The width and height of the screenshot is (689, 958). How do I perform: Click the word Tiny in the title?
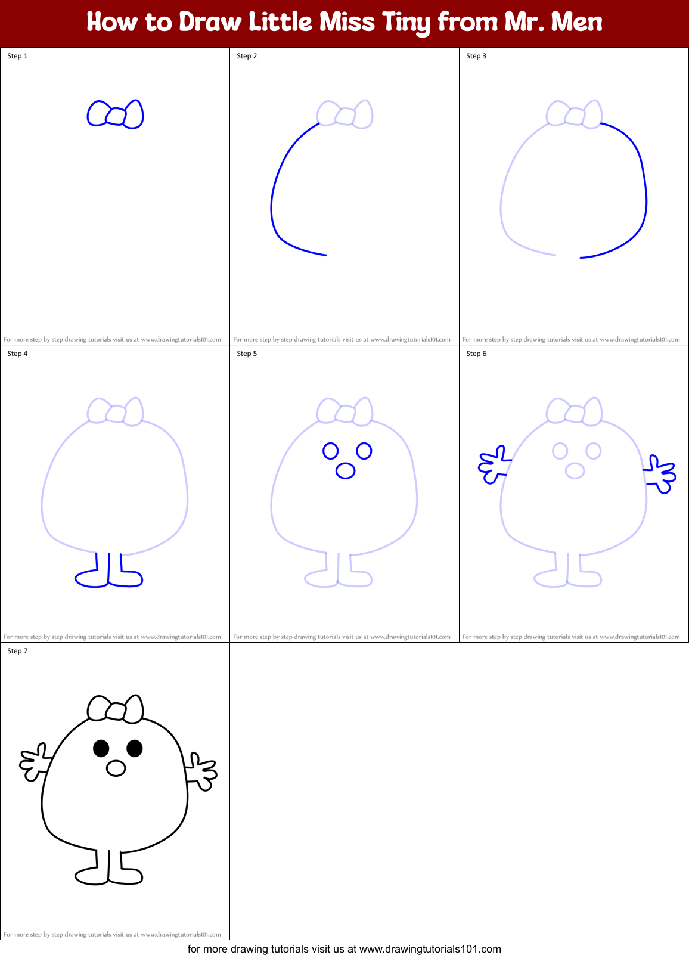click(x=406, y=23)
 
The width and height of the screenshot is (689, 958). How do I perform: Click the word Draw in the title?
click(x=210, y=23)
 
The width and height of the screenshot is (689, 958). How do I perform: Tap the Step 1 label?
click(x=17, y=56)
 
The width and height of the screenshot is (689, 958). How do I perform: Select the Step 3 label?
click(x=476, y=56)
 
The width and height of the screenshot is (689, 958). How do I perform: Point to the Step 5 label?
click(x=247, y=354)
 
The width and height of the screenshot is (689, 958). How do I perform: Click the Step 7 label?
click(x=17, y=651)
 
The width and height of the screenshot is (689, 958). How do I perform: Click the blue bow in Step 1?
click(x=116, y=114)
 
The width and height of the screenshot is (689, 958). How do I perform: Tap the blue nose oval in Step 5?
click(x=346, y=471)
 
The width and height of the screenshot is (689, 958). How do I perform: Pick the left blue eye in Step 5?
click(x=331, y=451)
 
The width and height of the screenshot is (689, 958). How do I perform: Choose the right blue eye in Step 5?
click(x=364, y=451)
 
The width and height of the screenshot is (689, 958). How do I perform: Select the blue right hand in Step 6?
click(x=660, y=475)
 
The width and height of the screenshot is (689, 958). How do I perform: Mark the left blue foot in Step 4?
click(x=91, y=579)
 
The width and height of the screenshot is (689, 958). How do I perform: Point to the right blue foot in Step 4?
click(x=128, y=578)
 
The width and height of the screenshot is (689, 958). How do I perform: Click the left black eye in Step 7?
click(x=101, y=748)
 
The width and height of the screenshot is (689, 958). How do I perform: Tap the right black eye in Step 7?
click(x=135, y=748)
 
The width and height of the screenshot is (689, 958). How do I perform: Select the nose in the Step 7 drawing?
click(x=116, y=768)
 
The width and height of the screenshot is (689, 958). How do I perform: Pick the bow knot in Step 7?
click(x=116, y=711)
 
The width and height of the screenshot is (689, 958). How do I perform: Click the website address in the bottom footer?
click(x=430, y=949)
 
